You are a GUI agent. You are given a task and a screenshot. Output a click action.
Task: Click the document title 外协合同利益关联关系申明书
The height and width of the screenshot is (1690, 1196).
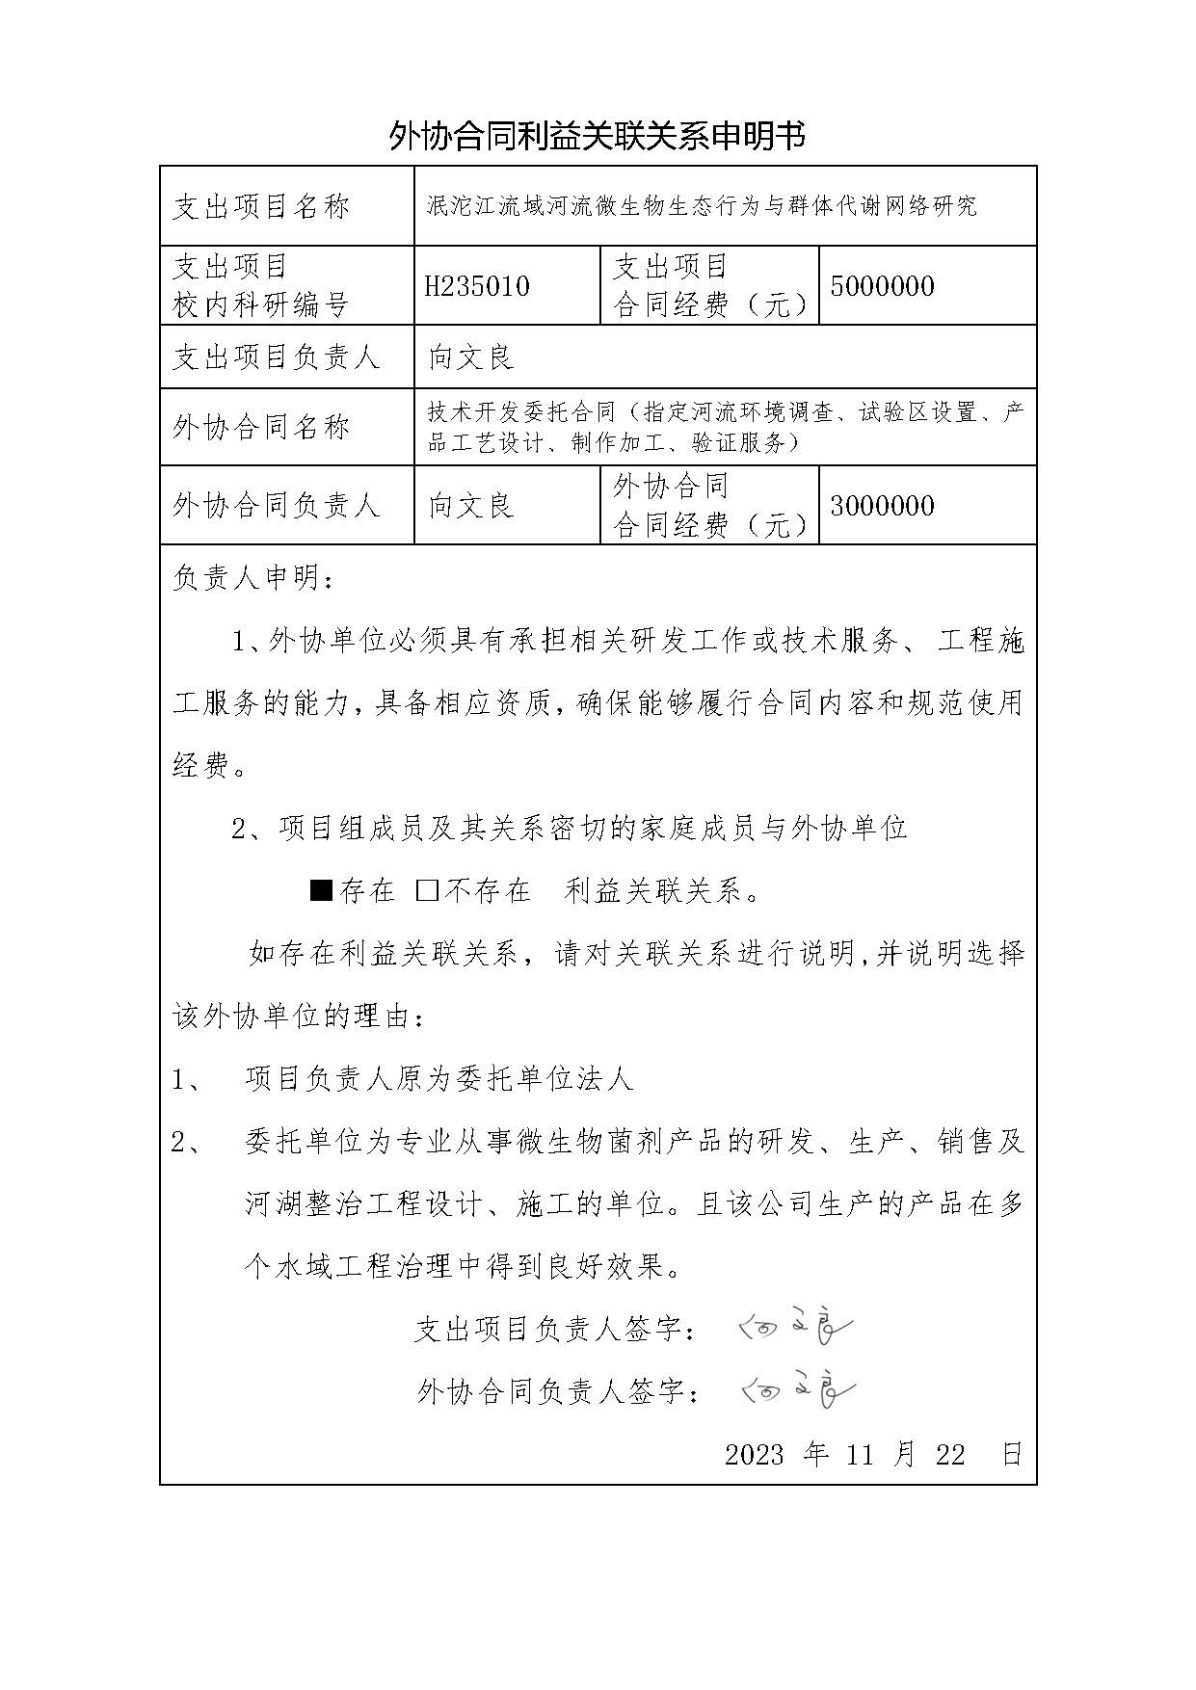click(x=597, y=137)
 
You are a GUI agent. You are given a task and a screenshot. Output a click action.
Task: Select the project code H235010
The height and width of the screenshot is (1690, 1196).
click(x=478, y=286)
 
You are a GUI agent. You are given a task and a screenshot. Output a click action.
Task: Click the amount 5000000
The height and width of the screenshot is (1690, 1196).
click(x=881, y=286)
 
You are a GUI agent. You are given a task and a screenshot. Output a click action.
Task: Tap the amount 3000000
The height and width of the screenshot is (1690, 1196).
click(x=881, y=506)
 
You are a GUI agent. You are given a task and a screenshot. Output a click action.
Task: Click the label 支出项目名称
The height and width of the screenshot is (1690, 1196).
click(x=261, y=206)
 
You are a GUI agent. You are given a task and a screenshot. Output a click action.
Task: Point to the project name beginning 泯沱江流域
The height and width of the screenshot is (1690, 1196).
click(x=702, y=206)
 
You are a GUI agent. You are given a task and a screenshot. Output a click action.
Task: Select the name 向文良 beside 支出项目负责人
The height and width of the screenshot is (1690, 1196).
click(x=471, y=357)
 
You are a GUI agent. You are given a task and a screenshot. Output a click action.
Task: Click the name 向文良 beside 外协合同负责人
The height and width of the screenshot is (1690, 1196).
click(x=471, y=506)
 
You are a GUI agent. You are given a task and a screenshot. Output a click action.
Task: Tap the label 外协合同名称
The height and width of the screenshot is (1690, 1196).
click(x=261, y=427)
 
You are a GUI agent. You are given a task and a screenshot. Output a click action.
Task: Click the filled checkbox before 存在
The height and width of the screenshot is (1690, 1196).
click(x=321, y=889)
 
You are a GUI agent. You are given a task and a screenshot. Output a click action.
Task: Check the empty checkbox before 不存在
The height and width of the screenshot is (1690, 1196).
click(x=427, y=889)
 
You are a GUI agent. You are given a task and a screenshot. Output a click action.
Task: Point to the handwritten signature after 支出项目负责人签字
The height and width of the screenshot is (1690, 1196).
click(x=796, y=1330)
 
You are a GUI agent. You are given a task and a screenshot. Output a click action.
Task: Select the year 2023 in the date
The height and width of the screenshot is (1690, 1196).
click(x=754, y=1455)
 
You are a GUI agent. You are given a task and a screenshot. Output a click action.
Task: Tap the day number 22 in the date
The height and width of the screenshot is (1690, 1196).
click(x=950, y=1455)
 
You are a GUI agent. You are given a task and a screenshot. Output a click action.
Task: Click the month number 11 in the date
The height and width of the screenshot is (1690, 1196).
click(x=860, y=1455)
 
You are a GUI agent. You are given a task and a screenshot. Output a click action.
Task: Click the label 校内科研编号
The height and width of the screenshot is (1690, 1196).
click(x=260, y=305)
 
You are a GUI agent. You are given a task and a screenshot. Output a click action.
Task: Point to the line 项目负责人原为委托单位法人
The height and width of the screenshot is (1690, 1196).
click(x=439, y=1079)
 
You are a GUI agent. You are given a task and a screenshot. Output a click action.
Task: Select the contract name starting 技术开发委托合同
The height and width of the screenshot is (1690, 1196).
click(x=725, y=427)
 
